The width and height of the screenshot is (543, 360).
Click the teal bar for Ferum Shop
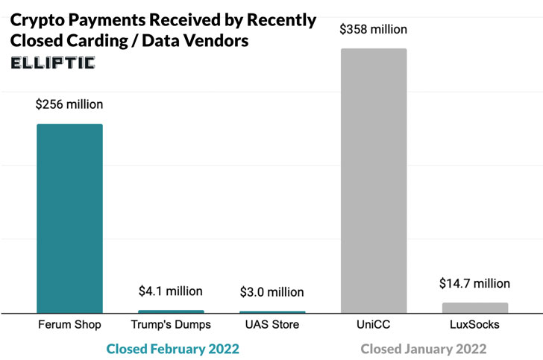tap(69, 218)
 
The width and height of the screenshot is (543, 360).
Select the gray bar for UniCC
tap(374, 180)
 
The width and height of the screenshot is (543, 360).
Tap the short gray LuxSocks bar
tap(475, 308)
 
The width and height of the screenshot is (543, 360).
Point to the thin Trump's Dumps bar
tap(171, 312)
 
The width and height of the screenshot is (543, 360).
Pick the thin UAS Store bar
tap(272, 312)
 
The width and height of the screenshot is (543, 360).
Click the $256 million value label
tap(69, 105)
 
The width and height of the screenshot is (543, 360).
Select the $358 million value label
tap(373, 30)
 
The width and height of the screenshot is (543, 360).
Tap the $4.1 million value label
tap(171, 291)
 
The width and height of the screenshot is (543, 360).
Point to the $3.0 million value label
tap(272, 292)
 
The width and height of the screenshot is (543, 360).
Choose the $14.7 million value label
tap(475, 284)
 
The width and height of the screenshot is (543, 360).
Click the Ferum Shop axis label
tap(69, 325)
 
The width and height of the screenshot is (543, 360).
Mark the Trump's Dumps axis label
tap(171, 325)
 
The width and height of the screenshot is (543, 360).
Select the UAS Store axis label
tap(272, 325)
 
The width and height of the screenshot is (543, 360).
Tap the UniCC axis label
tap(374, 325)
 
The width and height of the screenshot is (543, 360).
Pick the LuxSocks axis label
tap(475, 325)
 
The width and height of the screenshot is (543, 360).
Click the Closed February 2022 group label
tap(173, 349)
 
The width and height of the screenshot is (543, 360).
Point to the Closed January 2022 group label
tap(424, 349)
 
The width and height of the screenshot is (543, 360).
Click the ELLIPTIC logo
tap(53, 63)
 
